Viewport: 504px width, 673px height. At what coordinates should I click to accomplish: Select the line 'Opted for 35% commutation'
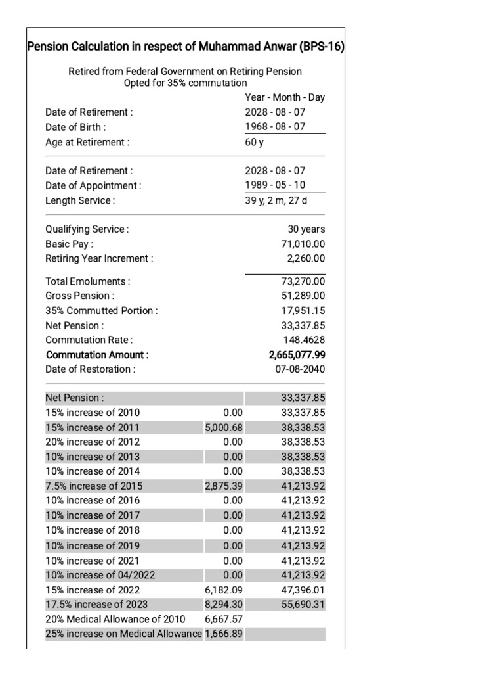pyautogui.click(x=185, y=83)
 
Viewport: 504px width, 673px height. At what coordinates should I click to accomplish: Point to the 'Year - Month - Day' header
pyautogui.click(x=285, y=97)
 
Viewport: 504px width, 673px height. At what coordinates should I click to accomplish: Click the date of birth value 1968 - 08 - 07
pyautogui.click(x=275, y=127)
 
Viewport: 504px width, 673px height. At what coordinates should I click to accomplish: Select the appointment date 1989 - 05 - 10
pyautogui.click(x=275, y=185)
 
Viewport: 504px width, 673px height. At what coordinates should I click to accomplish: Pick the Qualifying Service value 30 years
pyautogui.click(x=306, y=229)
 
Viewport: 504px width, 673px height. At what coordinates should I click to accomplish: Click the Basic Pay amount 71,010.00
pyautogui.click(x=303, y=244)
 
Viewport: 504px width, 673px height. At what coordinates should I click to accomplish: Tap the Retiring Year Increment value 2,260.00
pyautogui.click(x=306, y=258)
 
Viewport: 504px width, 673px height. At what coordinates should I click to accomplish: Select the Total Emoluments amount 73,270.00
pyautogui.click(x=303, y=281)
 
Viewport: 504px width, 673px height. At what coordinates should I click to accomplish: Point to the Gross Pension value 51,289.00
pyautogui.click(x=303, y=296)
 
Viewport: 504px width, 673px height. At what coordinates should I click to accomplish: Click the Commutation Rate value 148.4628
pyautogui.click(x=304, y=340)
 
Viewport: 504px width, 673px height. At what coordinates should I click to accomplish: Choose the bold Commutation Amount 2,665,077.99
pyautogui.click(x=297, y=354)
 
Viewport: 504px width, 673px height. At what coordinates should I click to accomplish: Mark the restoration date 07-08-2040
pyautogui.click(x=300, y=369)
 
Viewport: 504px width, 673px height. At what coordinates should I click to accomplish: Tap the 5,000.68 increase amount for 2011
pyautogui.click(x=224, y=427)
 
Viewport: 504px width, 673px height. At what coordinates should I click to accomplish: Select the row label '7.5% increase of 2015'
pyautogui.click(x=94, y=486)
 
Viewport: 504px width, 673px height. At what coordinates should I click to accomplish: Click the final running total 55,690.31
pyautogui.click(x=303, y=604)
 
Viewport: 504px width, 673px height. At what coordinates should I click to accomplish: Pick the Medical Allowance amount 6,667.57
pyautogui.click(x=224, y=619)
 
